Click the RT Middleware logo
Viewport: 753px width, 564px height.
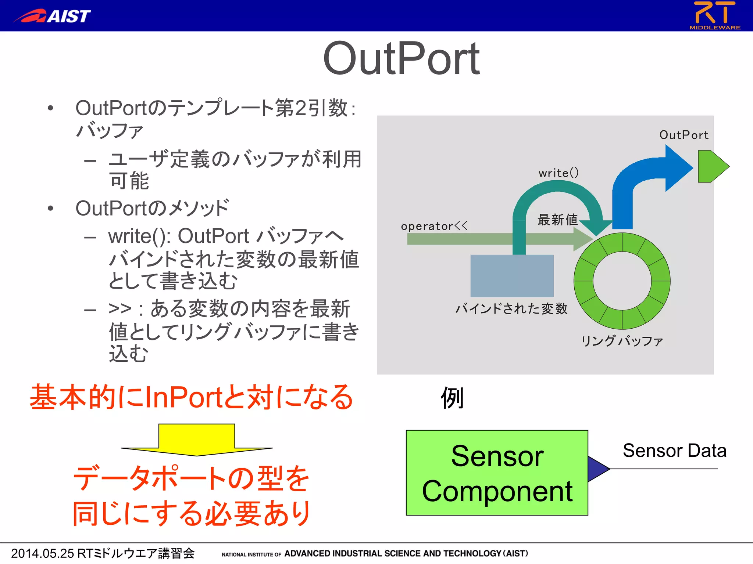(715, 15)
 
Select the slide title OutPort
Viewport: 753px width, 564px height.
(401, 59)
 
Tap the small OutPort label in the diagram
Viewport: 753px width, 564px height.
(684, 135)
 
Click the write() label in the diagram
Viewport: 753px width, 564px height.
(558, 173)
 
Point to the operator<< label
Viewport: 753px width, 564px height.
(434, 226)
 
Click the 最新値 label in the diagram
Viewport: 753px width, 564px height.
(557, 220)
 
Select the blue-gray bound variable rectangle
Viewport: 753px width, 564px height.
(512, 276)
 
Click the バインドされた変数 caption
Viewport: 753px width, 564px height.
(511, 309)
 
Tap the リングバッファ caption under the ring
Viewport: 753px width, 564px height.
(622, 341)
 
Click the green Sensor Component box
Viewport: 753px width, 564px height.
(497, 473)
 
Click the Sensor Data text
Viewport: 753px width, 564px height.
(674, 451)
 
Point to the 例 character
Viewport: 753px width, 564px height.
(452, 398)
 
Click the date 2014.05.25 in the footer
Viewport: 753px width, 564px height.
(42, 553)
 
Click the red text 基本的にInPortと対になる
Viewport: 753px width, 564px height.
(191, 397)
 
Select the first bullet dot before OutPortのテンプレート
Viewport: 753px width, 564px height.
(51, 108)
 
